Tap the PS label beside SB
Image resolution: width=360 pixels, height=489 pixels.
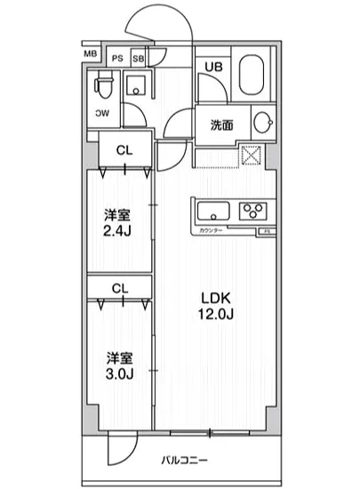click(117, 59)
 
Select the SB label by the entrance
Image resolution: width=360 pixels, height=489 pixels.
click(138, 59)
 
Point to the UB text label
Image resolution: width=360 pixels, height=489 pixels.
click(214, 67)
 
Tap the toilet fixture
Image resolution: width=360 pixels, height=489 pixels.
click(104, 86)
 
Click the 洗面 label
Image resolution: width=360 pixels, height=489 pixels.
click(221, 124)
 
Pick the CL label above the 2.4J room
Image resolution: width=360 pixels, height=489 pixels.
click(124, 150)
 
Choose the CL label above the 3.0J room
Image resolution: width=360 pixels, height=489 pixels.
click(124, 288)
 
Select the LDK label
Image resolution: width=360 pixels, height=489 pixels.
click(213, 298)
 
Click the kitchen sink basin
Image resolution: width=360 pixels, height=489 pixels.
click(213, 211)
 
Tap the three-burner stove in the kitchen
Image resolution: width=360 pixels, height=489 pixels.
click(252, 212)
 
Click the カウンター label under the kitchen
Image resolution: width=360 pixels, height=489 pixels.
click(211, 230)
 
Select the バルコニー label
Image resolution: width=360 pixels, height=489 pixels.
click(184, 461)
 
